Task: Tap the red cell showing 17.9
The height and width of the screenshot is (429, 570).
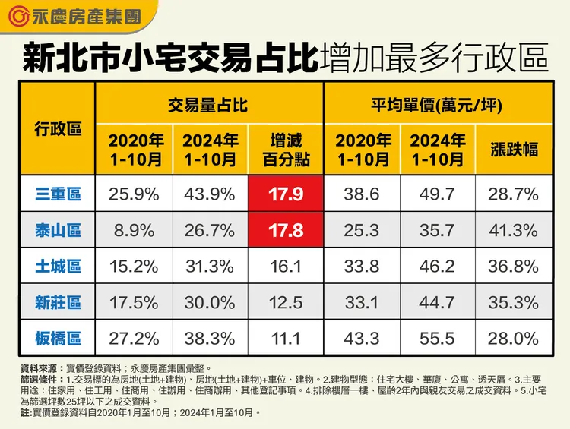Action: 286,194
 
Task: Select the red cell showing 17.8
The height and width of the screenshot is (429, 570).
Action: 286,230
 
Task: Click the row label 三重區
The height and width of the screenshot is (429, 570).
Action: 58,194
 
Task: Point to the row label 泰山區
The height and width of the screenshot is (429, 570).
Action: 58,230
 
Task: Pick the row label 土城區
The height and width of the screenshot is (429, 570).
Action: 58,267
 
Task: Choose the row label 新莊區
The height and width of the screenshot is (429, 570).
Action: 58,302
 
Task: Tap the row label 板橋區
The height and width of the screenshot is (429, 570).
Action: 58,338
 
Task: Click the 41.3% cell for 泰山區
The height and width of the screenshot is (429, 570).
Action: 513,230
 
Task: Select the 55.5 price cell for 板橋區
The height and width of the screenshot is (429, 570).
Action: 437,338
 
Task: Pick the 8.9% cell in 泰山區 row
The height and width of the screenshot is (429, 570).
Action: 134,230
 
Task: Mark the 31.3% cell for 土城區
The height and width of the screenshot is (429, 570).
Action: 210,267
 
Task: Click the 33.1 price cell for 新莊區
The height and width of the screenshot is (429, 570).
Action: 362,302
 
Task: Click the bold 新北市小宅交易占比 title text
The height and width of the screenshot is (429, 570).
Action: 169,58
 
